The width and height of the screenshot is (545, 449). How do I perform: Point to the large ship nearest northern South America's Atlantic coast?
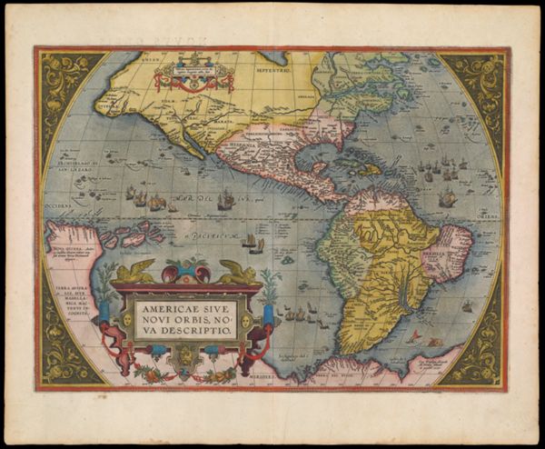(x=447, y=198)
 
